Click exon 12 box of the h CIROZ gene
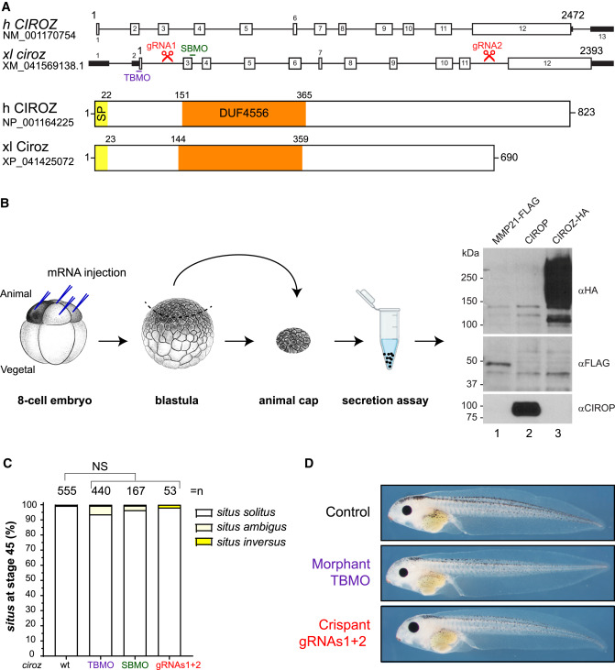pos(522,29)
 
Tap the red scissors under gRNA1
pos(168,56)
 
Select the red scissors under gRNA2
pos(489,56)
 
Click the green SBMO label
pos(194,49)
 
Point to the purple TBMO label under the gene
pos(137,77)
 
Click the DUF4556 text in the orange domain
pos(244,114)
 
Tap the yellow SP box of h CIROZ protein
pos(102,114)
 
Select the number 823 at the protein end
pos(586,112)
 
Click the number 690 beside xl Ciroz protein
pos(509,158)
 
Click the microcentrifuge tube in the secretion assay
pos(386,329)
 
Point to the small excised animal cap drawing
pos(293,341)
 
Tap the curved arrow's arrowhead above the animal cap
pos(297,292)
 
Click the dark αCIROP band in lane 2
pos(527,409)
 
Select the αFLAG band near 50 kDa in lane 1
pos(496,365)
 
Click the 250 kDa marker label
pos(469,278)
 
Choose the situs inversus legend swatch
pos(203,543)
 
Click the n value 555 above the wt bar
pos(67,491)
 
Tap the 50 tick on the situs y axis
pos(29,579)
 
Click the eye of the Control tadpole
pos(406,511)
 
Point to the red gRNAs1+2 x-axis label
pos(178,665)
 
